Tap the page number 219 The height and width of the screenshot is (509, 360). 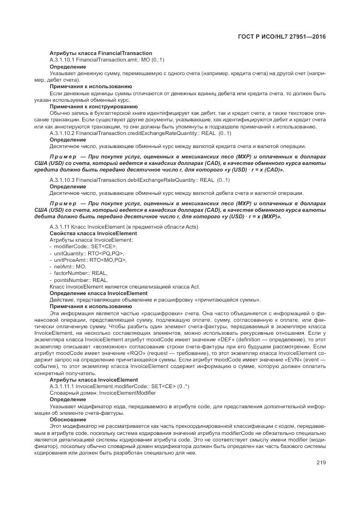pyautogui.click(x=320, y=463)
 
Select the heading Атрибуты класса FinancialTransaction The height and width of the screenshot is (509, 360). pyautogui.click(x=101, y=53)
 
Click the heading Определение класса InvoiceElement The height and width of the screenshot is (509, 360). pyautogui.click(x=99, y=293)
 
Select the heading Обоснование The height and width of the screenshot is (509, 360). pyautogui.click(x=68, y=419)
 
